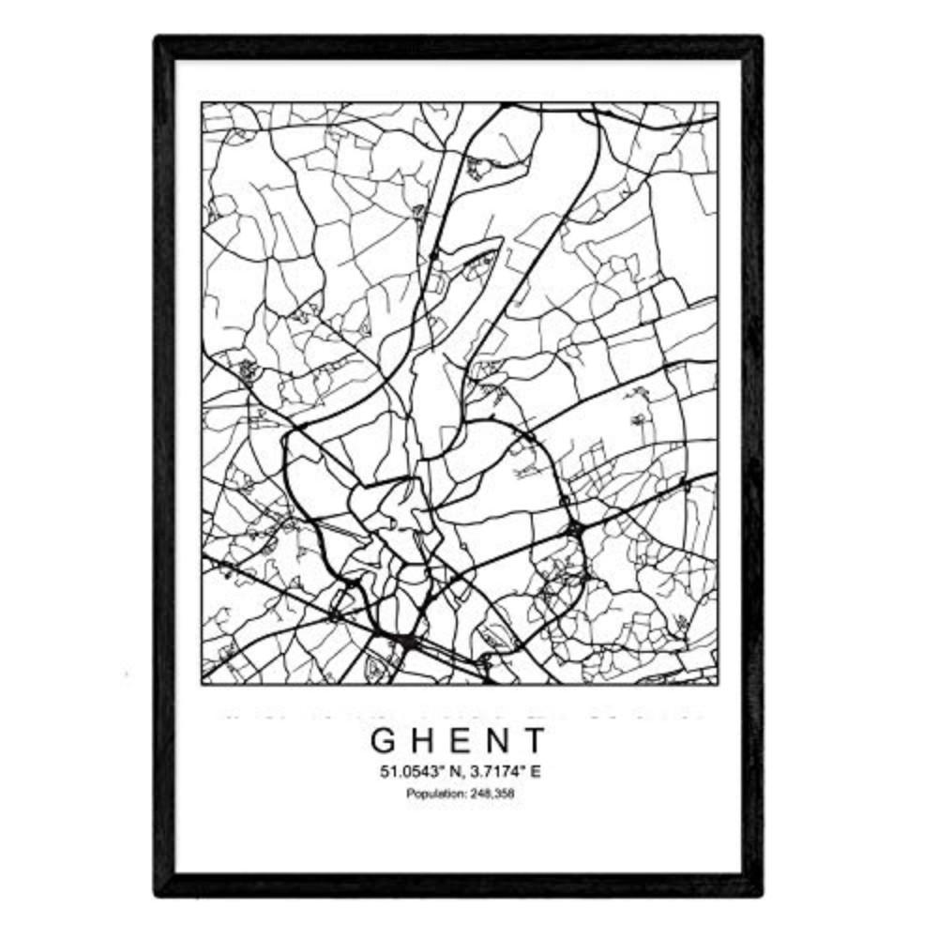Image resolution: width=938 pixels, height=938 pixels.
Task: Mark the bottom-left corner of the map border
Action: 203,684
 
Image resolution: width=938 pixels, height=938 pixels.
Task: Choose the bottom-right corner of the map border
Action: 718,684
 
